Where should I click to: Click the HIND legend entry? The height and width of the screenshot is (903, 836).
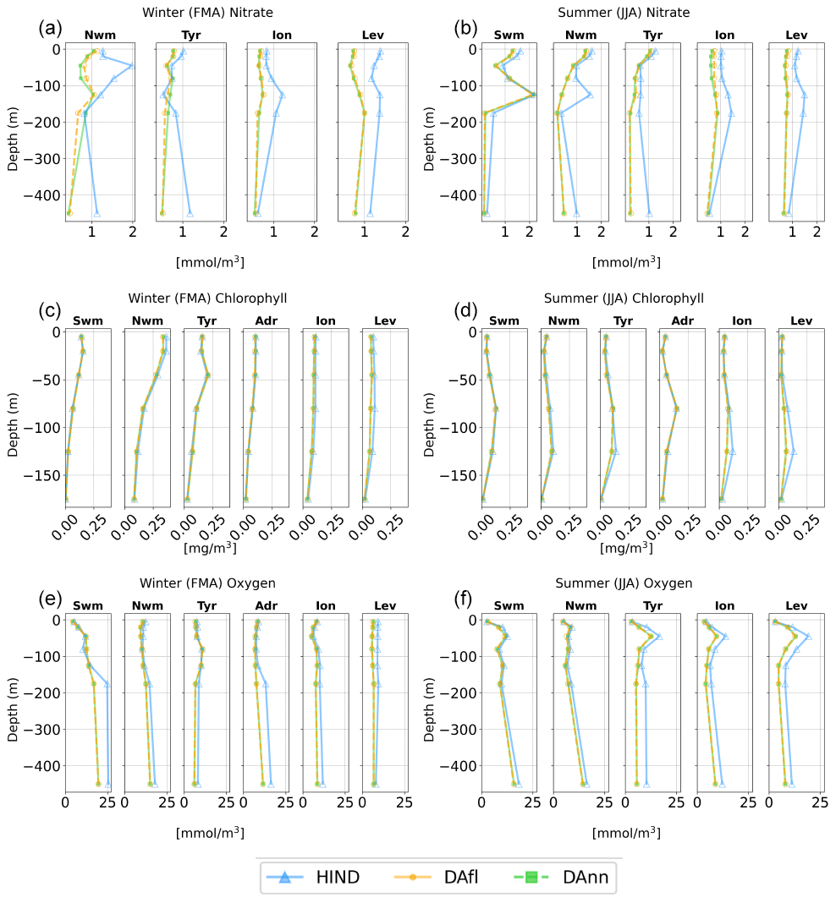tap(313, 877)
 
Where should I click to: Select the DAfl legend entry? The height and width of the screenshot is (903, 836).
tap(445, 877)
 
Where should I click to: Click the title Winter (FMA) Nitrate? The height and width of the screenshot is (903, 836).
tap(207, 12)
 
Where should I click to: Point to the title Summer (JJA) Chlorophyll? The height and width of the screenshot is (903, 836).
tap(624, 298)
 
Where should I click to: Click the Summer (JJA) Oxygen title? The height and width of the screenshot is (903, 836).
tap(624, 583)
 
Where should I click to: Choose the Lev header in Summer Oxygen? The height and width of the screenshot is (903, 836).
tap(797, 605)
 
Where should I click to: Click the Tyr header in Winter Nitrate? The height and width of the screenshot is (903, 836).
tap(189, 36)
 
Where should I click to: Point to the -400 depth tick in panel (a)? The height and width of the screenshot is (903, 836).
tap(43, 195)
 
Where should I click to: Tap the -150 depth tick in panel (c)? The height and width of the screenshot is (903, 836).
tap(43, 475)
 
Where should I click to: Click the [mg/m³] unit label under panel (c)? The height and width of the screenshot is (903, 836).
tap(209, 549)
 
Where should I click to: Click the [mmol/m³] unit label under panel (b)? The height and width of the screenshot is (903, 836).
tap(626, 263)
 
